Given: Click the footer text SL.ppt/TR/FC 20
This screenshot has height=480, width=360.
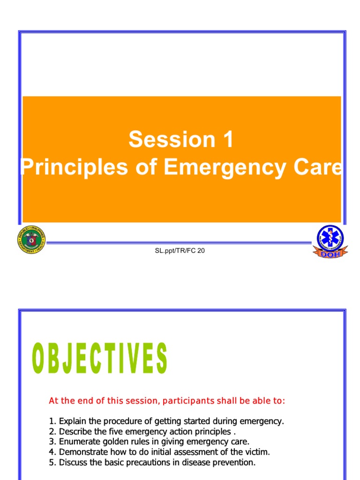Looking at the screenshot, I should tap(180, 251).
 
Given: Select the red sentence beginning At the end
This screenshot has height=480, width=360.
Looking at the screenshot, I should tap(167, 401).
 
